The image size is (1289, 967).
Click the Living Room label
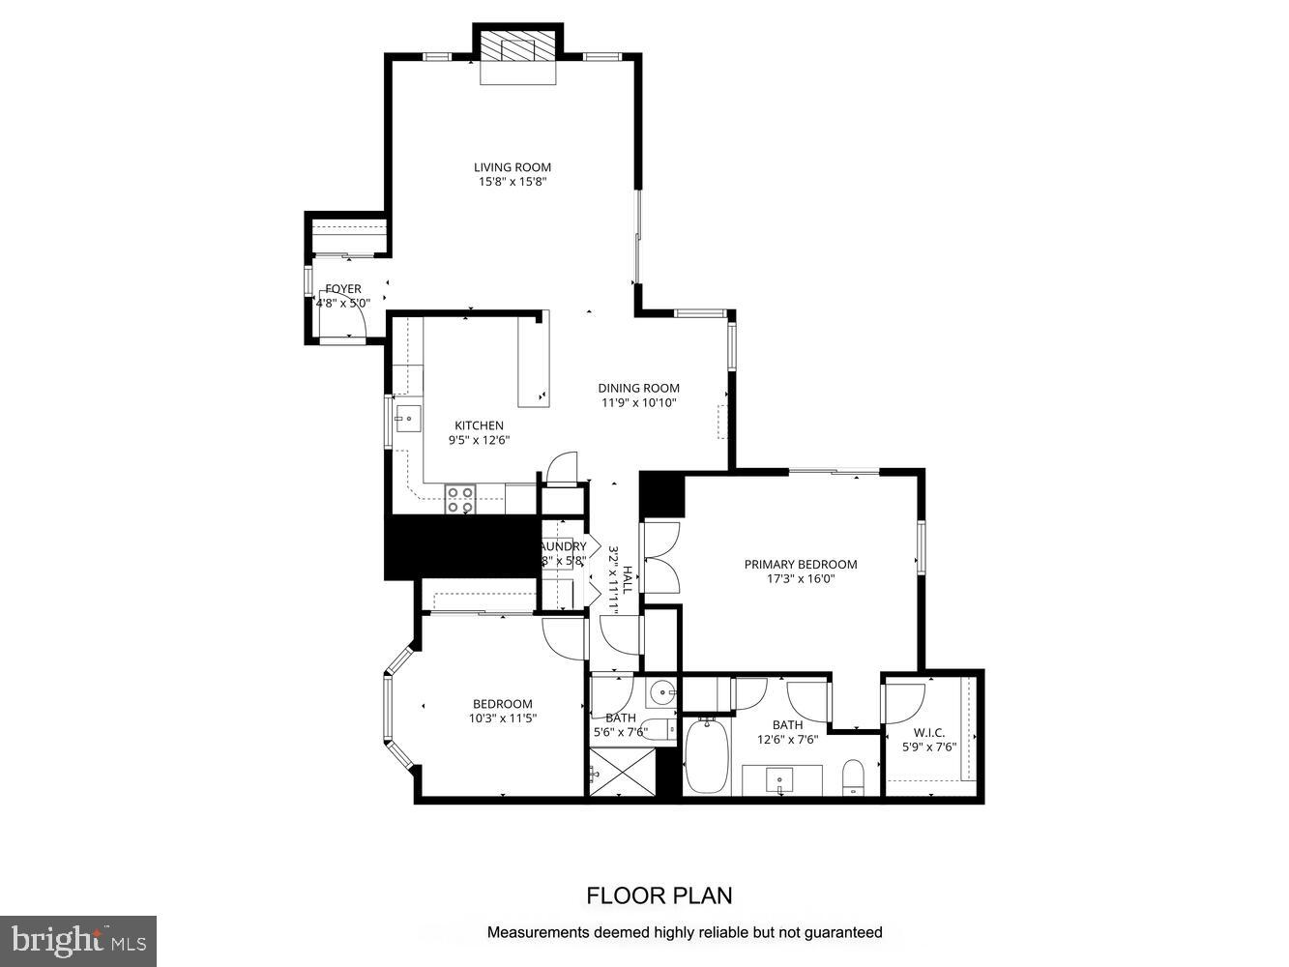pyautogui.click(x=512, y=167)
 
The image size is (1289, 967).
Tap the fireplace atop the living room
pyautogui.click(x=520, y=47)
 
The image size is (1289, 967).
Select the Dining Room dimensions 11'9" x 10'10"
pyautogui.click(x=638, y=403)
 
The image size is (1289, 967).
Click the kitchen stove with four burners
pyautogui.click(x=460, y=499)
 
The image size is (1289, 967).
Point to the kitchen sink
pyautogui.click(x=409, y=420)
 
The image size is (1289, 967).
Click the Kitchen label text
pyautogui.click(x=479, y=425)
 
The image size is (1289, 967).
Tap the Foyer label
pyautogui.click(x=343, y=289)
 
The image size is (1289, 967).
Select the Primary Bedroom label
pyautogui.click(x=800, y=565)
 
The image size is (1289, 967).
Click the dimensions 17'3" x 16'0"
pyautogui.click(x=800, y=579)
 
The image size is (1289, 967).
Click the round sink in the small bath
pyautogui.click(x=662, y=692)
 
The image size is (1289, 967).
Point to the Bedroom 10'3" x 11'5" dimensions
pyautogui.click(x=502, y=718)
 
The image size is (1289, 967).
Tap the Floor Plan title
pyautogui.click(x=659, y=895)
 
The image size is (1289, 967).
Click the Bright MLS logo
pyautogui.click(x=78, y=939)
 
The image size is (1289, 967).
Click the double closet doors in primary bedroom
pyautogui.click(x=661, y=557)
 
